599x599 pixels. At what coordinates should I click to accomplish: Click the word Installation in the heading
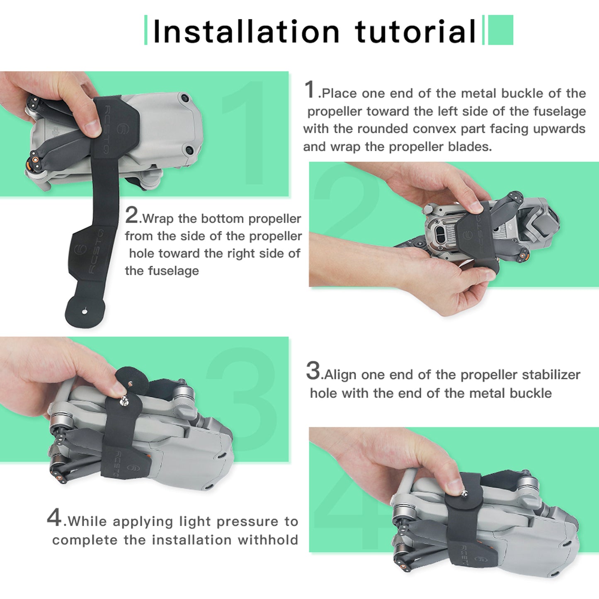coord(246,32)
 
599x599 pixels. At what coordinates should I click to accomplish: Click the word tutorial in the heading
coord(415,32)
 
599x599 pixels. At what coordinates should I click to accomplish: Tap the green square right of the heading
coord(500,30)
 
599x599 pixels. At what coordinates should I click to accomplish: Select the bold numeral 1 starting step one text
coord(310,90)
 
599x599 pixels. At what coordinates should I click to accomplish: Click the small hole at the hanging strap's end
coord(85,310)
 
